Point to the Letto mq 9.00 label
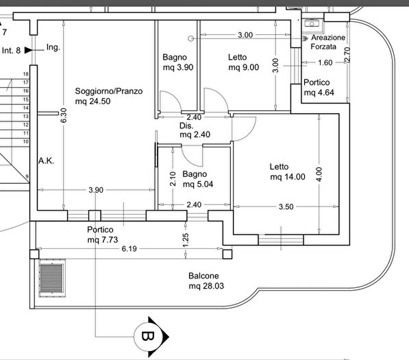[x=243, y=62]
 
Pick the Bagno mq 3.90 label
[x=176, y=62]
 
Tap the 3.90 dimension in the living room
[x=96, y=190]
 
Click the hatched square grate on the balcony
[x=53, y=279]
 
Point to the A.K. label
[x=47, y=161]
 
